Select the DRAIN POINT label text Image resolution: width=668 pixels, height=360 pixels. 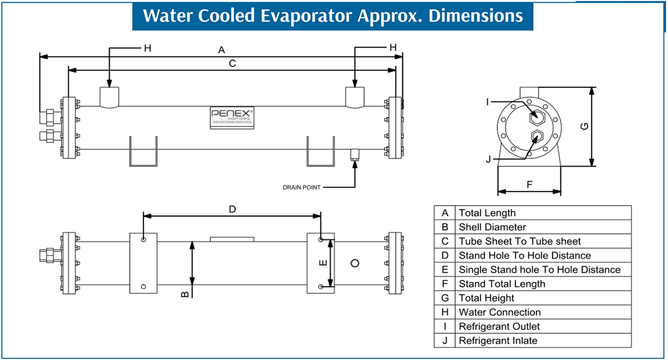coord(302,187)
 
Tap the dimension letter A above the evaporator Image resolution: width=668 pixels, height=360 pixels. coord(221,50)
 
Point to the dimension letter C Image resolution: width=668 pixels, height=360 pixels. coord(232,63)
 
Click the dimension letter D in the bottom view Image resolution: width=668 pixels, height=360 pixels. coord(232,209)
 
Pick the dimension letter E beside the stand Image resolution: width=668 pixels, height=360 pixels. coord(323,263)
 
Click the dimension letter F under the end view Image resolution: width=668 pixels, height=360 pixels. coord(530,185)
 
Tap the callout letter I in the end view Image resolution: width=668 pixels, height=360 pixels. coord(488,102)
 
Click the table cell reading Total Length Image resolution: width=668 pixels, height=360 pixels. coord(487,213)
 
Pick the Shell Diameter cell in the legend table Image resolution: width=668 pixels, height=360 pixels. coord(492,227)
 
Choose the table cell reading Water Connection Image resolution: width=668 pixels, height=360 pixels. coord(500,312)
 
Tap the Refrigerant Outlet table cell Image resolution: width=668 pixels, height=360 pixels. coord(499,327)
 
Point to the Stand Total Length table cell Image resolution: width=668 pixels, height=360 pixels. coord(502,284)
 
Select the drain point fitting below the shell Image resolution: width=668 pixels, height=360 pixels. coord(355,154)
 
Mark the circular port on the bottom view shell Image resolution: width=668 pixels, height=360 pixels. coord(355,263)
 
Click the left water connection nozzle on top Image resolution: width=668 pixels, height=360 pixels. coord(109,97)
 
